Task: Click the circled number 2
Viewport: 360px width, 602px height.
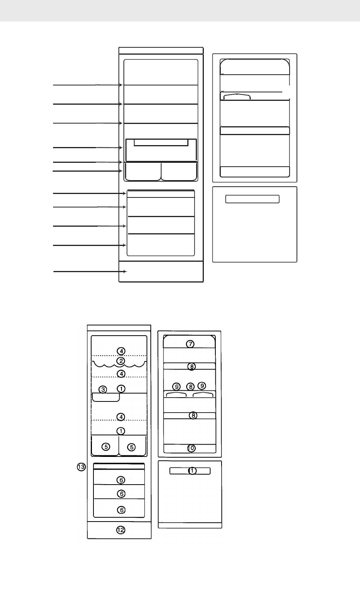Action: [121, 361]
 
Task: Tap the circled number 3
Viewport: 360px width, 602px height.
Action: [102, 390]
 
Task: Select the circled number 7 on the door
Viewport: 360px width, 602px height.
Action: [190, 344]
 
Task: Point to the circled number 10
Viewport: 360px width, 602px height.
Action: [191, 448]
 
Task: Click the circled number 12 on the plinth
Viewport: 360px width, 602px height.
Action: [121, 530]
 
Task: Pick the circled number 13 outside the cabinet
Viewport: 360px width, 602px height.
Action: [81, 467]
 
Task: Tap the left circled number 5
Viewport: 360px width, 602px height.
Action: [106, 447]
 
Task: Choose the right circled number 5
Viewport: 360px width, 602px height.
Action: [132, 447]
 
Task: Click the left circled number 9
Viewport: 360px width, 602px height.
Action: [177, 386]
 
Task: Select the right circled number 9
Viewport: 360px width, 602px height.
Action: [202, 386]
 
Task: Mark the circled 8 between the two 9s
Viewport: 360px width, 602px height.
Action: [190, 386]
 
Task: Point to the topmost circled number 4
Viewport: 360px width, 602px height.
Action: [121, 351]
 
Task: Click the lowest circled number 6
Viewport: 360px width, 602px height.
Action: [121, 510]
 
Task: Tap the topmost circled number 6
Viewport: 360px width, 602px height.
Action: [121, 480]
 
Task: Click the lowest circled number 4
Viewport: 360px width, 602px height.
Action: [121, 417]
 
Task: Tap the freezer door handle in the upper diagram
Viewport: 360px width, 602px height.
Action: [252, 199]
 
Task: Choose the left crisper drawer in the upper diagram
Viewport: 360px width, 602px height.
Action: [143, 172]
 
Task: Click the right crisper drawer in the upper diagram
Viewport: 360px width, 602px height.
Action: [179, 172]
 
